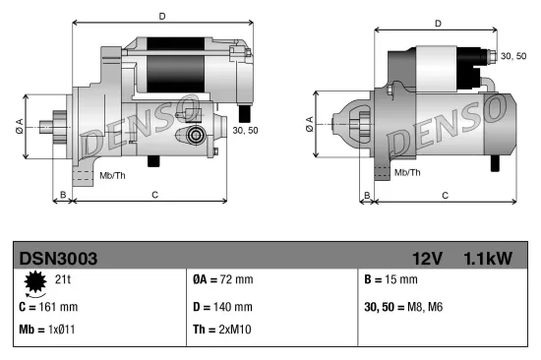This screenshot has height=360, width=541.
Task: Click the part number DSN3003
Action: click(x=58, y=259)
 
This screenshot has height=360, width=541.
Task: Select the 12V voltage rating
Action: click(x=429, y=259)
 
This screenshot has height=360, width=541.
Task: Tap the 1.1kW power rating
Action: click(x=487, y=259)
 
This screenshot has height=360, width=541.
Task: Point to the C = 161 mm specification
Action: click(x=48, y=306)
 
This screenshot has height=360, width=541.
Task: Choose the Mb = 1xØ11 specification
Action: click(x=47, y=330)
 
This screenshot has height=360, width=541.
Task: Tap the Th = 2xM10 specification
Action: click(x=223, y=330)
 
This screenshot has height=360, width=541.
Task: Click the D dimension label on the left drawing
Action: click(x=162, y=15)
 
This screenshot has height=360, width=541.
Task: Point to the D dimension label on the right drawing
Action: click(x=438, y=24)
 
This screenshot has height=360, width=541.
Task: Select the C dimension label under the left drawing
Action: click(x=155, y=195)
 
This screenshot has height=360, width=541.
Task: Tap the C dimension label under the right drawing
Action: click(x=446, y=196)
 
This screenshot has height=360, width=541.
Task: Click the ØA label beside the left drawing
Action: click(x=19, y=125)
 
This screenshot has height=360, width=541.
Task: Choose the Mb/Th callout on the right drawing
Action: click(x=406, y=172)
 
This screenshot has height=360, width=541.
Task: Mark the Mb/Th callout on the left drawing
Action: click(x=112, y=175)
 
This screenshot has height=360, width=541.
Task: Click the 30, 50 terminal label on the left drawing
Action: click(x=246, y=129)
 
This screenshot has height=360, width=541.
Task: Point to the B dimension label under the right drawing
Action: click(x=367, y=196)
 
